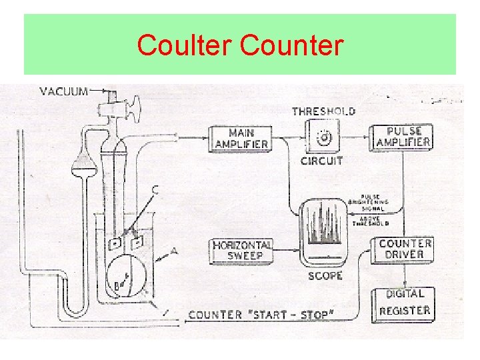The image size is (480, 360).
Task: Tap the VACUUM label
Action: [64, 91]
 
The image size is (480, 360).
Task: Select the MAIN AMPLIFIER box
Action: [241, 138]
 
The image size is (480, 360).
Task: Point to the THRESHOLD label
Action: [324, 111]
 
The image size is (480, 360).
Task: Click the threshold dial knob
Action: [325, 138]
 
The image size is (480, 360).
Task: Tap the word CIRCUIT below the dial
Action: [322, 161]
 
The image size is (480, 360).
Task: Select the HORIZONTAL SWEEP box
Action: [242, 250]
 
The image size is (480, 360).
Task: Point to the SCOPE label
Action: [325, 276]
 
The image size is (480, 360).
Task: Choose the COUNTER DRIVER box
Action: [405, 249]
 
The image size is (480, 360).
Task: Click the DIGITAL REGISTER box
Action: [404, 302]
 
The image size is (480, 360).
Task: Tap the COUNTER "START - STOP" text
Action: [261, 315]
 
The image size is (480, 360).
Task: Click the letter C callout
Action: [155, 189]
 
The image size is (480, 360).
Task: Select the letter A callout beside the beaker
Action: [175, 251]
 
